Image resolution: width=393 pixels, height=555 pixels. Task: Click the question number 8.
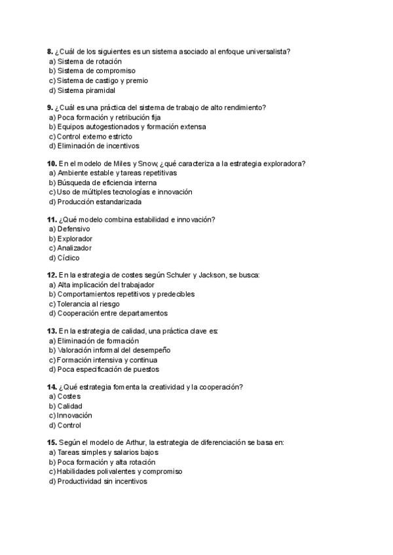click(x=50, y=51)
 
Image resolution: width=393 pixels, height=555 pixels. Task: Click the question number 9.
click(x=50, y=107)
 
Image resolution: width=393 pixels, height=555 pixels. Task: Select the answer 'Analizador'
click(x=75, y=248)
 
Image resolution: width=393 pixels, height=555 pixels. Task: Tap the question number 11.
click(x=52, y=219)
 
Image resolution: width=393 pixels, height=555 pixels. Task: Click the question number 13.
click(x=52, y=331)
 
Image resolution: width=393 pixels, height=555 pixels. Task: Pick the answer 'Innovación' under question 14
click(x=74, y=415)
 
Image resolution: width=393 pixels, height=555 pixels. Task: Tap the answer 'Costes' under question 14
click(x=69, y=396)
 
